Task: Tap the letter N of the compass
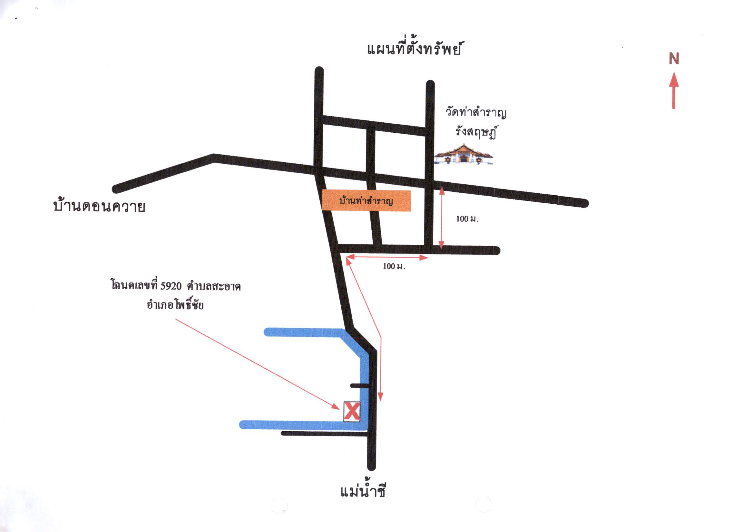tap(674, 59)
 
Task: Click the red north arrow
tap(674, 91)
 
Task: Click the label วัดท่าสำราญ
tap(476, 113)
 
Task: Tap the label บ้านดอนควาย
tap(99, 206)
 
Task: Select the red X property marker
tap(352, 412)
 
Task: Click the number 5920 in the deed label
tap(171, 286)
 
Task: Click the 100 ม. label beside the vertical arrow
tap(467, 219)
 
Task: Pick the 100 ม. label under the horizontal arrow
tap(394, 266)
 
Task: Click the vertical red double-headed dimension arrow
tap(441, 218)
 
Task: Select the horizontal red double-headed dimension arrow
tap(387, 258)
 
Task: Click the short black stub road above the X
tap(360, 385)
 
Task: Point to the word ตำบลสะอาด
tap(214, 286)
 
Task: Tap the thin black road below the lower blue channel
tap(324, 434)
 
